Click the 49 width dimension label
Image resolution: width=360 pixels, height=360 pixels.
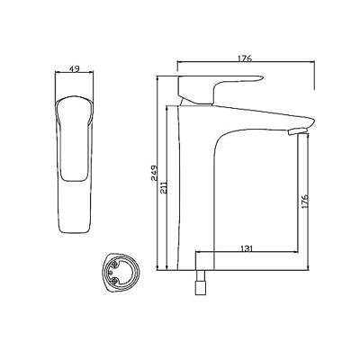75,68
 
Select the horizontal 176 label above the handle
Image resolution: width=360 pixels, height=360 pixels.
245,58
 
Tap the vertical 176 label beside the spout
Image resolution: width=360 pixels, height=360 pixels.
304,202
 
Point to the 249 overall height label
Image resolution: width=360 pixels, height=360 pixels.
155,173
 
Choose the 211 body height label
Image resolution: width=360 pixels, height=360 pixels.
164,187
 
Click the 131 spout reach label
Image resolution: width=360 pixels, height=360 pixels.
247,248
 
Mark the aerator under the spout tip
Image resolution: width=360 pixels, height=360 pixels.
297,131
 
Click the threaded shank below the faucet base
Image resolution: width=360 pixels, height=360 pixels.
201,283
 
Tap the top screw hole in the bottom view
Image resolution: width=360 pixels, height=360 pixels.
114,264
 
